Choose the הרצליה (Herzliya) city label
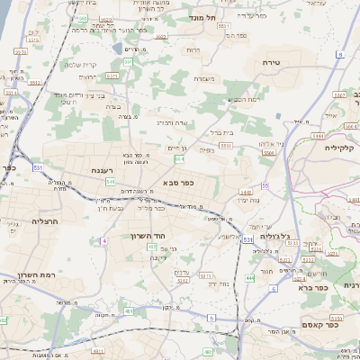[44, 220]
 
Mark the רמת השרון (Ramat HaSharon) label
[37, 275]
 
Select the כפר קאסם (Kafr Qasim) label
[319, 325]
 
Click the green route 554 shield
[180, 158]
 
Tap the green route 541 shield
[110, 181]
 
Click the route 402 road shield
[151, 246]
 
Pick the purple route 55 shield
[265, 185]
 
